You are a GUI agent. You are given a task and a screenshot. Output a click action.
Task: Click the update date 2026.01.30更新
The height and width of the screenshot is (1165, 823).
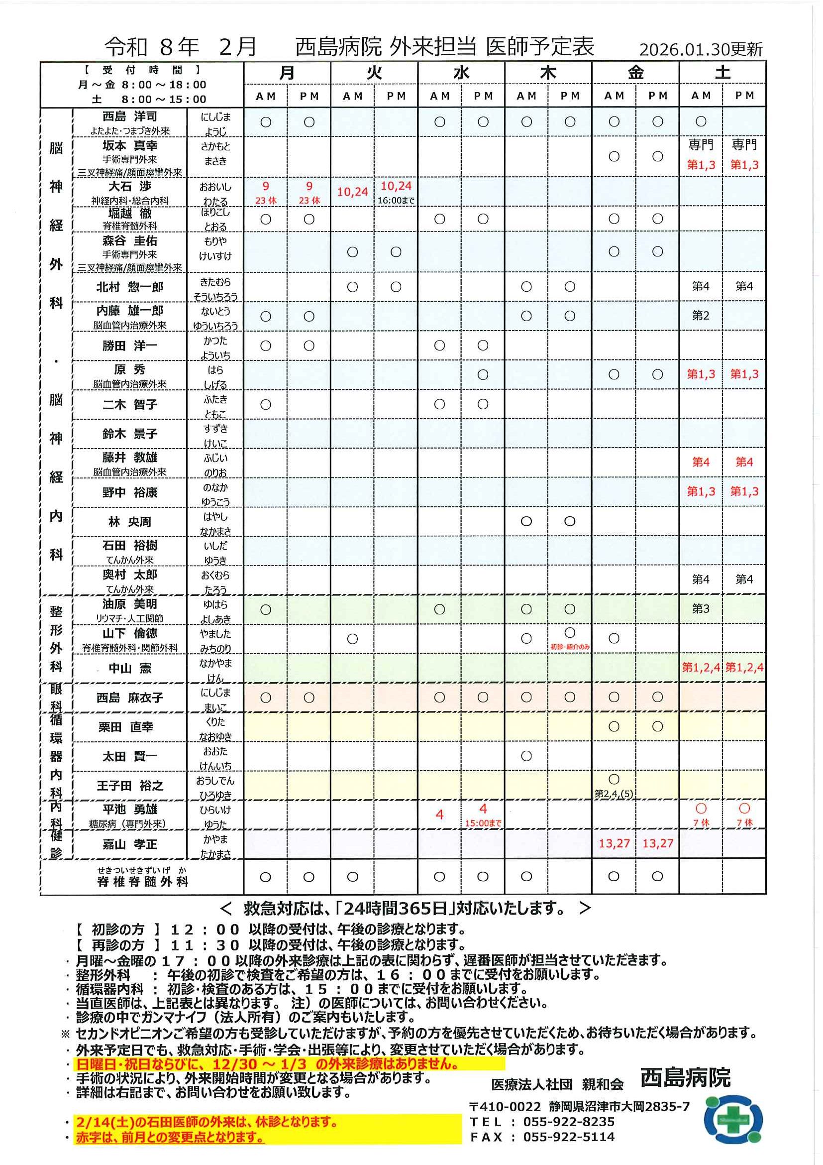click(700, 49)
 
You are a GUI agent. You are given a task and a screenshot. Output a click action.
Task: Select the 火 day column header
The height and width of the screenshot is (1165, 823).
click(374, 73)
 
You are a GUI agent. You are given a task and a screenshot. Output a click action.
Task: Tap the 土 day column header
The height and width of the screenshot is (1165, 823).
click(722, 73)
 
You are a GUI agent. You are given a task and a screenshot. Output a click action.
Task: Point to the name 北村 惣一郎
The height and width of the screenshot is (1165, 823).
click(130, 287)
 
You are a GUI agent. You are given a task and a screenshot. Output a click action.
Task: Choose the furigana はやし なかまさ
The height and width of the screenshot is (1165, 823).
click(215, 524)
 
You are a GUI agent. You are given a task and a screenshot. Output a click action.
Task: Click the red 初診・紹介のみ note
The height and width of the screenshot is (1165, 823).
click(570, 647)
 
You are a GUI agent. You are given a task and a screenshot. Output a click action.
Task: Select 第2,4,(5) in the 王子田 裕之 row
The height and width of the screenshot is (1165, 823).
click(614, 794)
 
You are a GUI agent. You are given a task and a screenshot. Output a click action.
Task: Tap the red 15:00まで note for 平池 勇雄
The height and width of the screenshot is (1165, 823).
click(483, 823)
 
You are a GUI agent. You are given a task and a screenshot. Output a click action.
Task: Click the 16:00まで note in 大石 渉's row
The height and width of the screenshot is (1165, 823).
click(396, 201)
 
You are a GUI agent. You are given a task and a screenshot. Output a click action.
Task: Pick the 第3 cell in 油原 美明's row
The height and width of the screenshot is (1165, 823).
click(700, 609)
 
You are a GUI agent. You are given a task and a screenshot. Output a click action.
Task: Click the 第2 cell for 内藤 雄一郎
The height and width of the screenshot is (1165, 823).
click(700, 316)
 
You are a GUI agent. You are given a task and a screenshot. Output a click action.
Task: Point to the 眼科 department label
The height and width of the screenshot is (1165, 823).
click(56, 697)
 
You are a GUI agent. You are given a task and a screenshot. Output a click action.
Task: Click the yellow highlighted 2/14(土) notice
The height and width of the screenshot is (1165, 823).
click(207, 1121)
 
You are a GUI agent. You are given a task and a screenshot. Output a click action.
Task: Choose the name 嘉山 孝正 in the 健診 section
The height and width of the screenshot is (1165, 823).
click(130, 844)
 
